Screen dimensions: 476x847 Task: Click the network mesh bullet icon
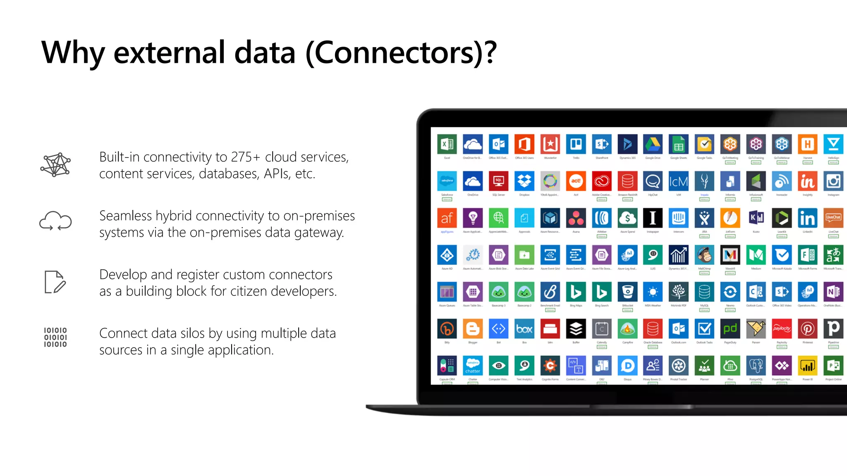point(55,164)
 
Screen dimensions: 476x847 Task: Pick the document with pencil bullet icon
point(55,282)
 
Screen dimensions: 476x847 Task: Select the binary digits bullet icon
point(55,337)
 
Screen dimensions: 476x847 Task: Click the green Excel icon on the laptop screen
point(447,144)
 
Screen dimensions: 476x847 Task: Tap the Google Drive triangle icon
point(653,144)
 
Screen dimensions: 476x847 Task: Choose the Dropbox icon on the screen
point(524,181)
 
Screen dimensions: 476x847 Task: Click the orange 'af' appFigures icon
point(447,218)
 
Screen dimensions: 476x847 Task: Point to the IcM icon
point(678,181)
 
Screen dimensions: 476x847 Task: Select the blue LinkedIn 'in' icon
point(807,218)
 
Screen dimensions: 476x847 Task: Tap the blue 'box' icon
point(524,329)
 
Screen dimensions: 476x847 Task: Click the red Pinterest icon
point(807,329)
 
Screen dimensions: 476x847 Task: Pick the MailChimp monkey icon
point(704,255)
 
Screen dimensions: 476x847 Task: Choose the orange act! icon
point(576,181)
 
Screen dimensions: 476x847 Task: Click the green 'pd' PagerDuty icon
point(730,329)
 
